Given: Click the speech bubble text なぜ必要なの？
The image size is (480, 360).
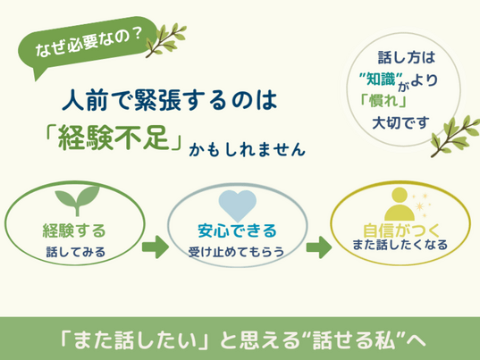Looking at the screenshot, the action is [x=88, y=43].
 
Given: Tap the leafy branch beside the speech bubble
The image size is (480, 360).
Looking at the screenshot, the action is [x=166, y=40].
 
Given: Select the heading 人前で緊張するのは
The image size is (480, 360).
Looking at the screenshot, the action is [x=170, y=100].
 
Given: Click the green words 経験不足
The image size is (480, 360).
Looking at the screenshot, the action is [x=114, y=138].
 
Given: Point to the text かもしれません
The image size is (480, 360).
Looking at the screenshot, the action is [x=247, y=149].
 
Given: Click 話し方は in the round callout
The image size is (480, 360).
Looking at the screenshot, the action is [x=407, y=57].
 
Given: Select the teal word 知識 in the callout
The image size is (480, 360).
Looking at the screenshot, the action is [x=381, y=80].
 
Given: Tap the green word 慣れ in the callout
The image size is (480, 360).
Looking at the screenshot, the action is [x=383, y=101].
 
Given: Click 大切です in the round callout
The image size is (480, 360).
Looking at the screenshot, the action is [x=400, y=123].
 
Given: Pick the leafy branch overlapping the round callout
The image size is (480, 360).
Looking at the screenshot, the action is [x=454, y=136].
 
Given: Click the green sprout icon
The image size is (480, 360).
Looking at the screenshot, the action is [x=77, y=200].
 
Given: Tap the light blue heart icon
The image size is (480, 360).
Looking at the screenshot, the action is [x=238, y=205].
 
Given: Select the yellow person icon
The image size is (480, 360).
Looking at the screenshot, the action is [x=400, y=204].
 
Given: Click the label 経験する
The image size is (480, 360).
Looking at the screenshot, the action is [x=74, y=230].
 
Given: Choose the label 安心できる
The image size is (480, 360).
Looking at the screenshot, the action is [x=237, y=230].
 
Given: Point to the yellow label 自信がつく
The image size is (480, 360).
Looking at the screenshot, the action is [x=401, y=230].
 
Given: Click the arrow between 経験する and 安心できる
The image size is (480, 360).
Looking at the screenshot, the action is [x=156, y=247].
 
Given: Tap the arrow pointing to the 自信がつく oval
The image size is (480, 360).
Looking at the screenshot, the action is [x=319, y=247].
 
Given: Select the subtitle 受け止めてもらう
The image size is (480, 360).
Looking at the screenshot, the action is [x=236, y=252].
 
